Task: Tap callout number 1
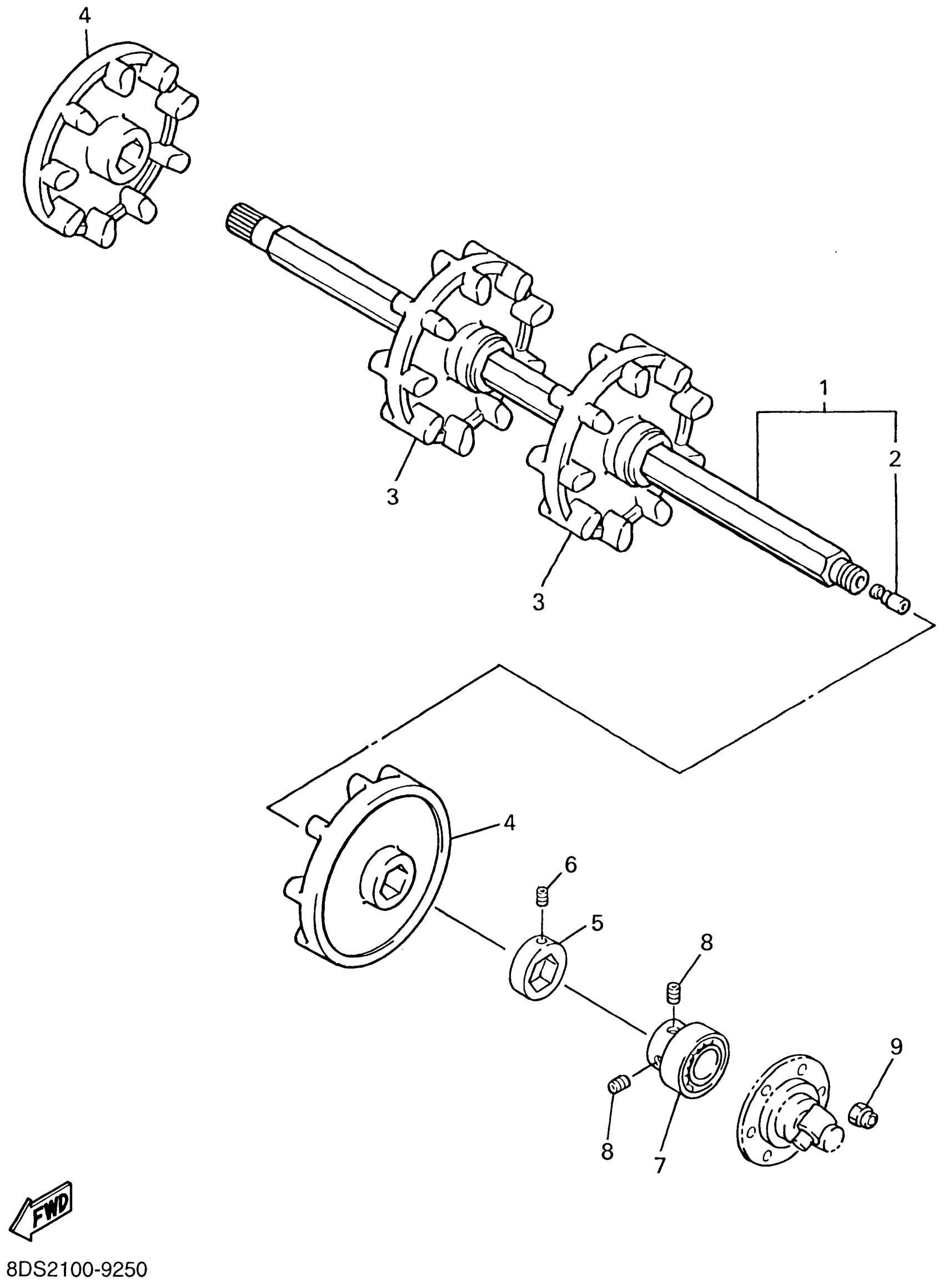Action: pos(824,389)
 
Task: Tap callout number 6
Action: pos(571,865)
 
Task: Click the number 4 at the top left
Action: pos(84,16)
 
